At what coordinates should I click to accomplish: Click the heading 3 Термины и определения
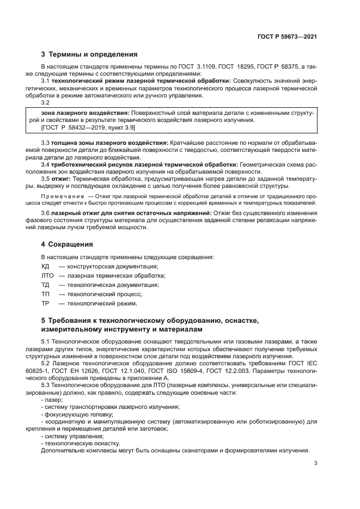point(89,54)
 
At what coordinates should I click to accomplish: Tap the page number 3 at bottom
point(316,463)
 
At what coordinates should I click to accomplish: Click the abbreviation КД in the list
point(46,266)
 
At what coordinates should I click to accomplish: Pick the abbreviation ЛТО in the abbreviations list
point(48,275)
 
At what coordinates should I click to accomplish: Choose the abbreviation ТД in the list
point(46,285)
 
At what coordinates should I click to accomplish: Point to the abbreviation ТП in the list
point(46,294)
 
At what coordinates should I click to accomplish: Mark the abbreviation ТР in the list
point(46,303)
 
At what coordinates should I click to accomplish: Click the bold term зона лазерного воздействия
point(78,112)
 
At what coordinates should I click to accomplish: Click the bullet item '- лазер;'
point(52,400)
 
